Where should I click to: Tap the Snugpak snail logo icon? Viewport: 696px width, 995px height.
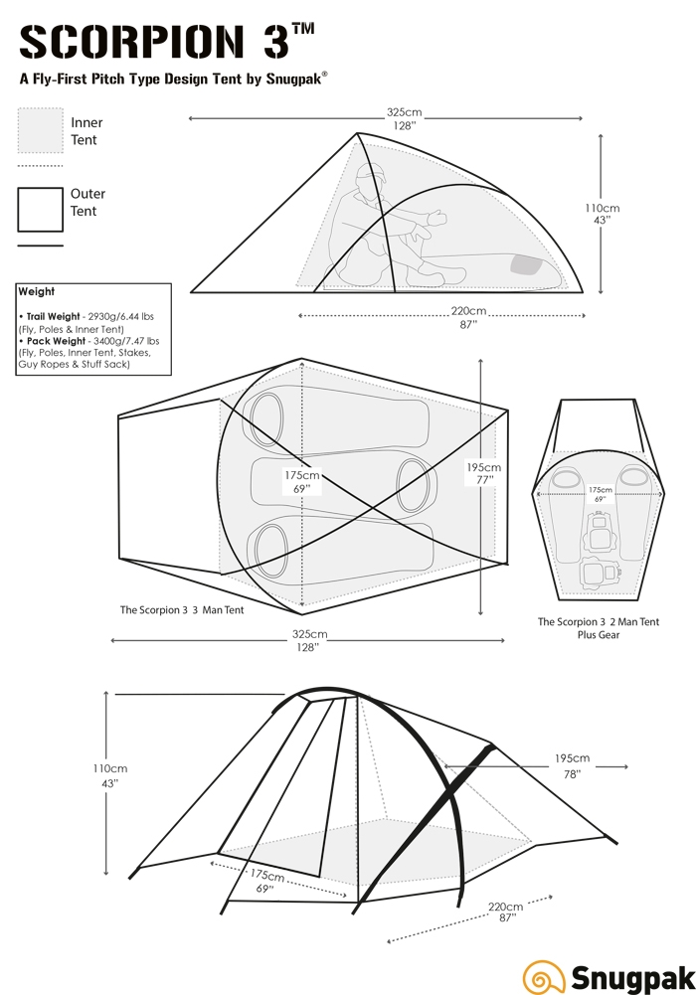click(x=541, y=975)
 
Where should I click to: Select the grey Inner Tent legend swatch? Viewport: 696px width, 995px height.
click(x=41, y=130)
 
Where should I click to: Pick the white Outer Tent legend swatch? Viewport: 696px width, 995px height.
click(x=41, y=209)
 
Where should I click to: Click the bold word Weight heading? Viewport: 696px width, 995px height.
click(x=37, y=292)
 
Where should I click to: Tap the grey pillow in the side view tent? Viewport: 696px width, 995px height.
click(x=525, y=264)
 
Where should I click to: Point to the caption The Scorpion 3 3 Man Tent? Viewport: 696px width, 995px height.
click(x=181, y=610)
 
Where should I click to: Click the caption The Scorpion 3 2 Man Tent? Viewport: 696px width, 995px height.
click(x=599, y=622)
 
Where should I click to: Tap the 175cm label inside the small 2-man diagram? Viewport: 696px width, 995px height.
click(x=600, y=490)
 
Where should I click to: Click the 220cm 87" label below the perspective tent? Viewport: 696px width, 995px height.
click(x=504, y=912)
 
